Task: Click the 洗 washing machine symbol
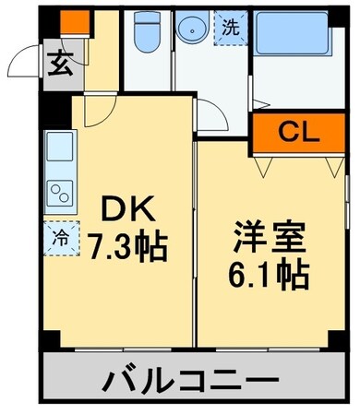pyautogui.click(x=231, y=27)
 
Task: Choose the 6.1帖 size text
pyautogui.click(x=268, y=275)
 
